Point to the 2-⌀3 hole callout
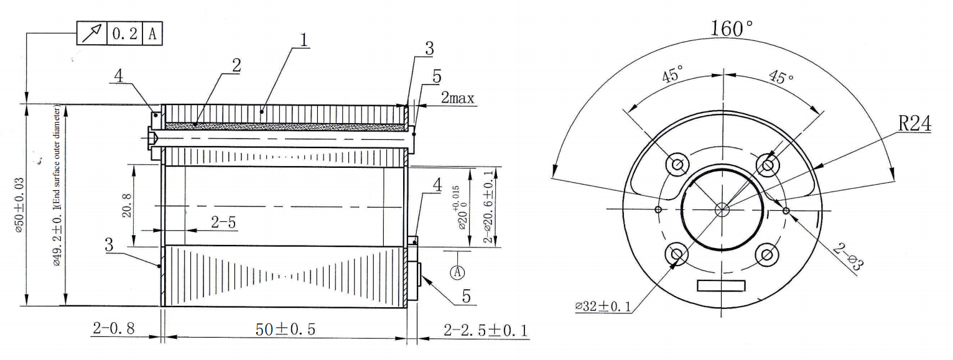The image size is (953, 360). pyautogui.click(x=849, y=256)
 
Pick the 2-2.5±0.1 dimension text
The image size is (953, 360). pyautogui.click(x=486, y=330)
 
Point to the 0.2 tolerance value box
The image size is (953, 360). pyautogui.click(x=124, y=34)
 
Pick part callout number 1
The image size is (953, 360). pyautogui.click(x=304, y=40)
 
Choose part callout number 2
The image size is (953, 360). pyautogui.click(x=236, y=66)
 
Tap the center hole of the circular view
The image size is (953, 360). pyautogui.click(x=722, y=210)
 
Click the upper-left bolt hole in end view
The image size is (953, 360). pyautogui.click(x=677, y=165)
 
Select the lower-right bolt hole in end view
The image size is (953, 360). pyautogui.click(x=767, y=255)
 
